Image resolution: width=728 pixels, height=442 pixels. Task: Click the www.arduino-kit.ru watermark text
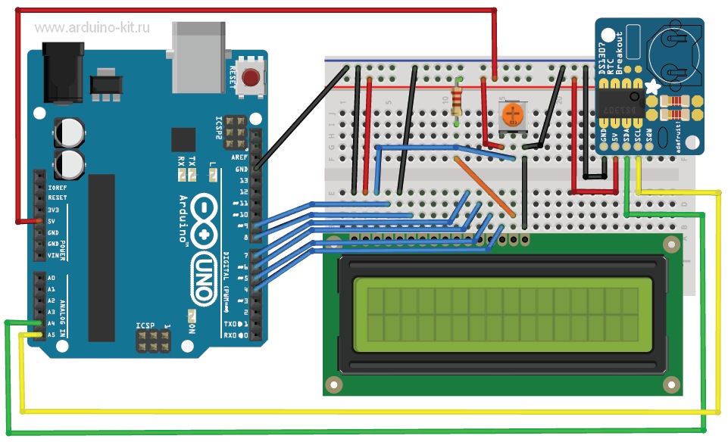pos(92,28)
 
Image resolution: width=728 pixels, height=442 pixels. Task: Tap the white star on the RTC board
pos(651,89)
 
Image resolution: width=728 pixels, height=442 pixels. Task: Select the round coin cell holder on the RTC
pos(676,53)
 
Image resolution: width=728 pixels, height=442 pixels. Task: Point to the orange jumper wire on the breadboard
pos(489,189)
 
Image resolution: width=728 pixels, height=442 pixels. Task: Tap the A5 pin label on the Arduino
pos(52,334)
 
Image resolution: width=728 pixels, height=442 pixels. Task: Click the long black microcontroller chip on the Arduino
pos(102,257)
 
